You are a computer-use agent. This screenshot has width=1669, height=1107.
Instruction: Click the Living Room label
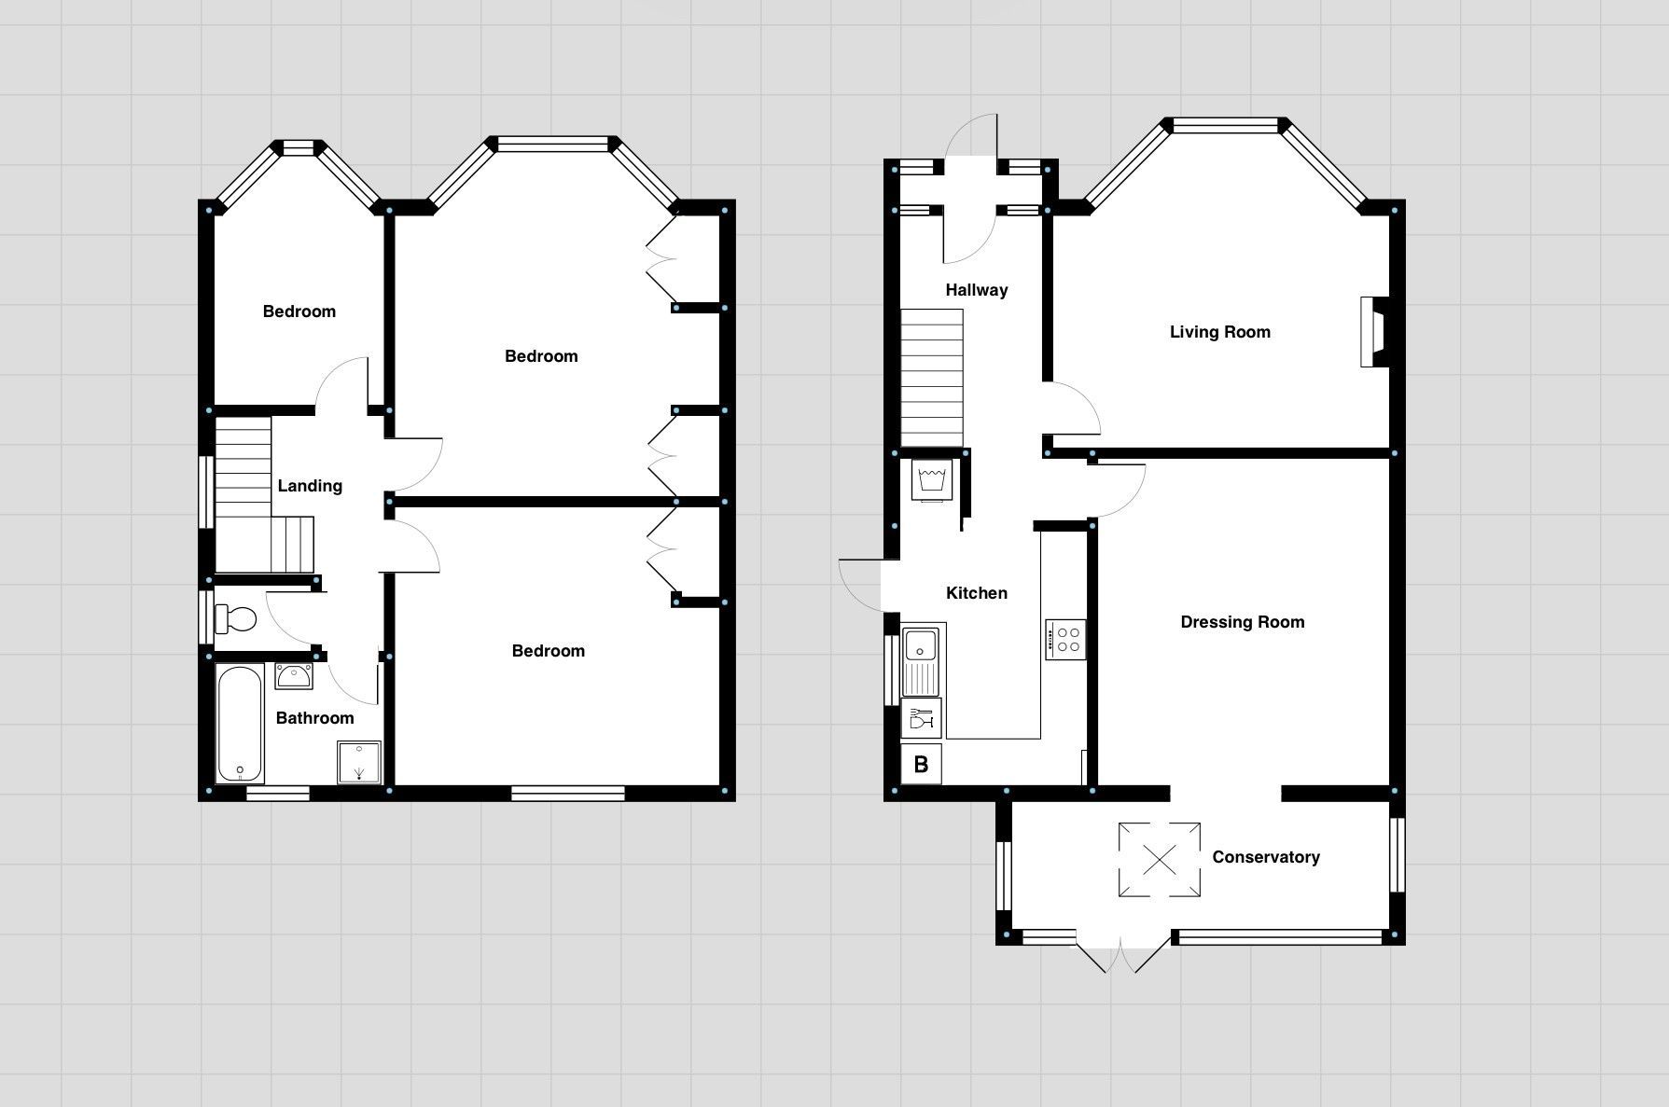(1219, 332)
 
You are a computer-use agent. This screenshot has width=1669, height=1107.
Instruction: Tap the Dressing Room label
(1242, 622)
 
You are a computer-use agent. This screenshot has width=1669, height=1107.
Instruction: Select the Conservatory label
(1266, 857)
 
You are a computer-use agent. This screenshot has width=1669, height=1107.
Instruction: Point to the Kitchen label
(976, 593)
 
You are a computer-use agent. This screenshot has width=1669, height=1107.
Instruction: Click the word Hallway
(977, 290)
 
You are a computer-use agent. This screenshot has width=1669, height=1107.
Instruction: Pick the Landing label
(310, 486)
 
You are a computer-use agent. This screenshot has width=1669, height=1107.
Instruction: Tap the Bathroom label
(314, 718)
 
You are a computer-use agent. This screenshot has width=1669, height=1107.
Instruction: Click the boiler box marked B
(922, 765)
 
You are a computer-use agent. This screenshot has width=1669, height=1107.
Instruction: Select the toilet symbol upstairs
(236, 618)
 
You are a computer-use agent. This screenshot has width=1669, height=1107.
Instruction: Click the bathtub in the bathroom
(240, 723)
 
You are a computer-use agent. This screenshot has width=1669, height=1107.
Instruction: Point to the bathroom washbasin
(294, 676)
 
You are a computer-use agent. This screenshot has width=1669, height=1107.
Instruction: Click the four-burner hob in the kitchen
(1064, 640)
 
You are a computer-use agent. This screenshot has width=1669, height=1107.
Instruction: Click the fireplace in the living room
(1375, 332)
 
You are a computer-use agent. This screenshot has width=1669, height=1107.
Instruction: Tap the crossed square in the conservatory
(1160, 860)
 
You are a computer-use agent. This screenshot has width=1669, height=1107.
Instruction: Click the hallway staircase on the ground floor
(931, 379)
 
